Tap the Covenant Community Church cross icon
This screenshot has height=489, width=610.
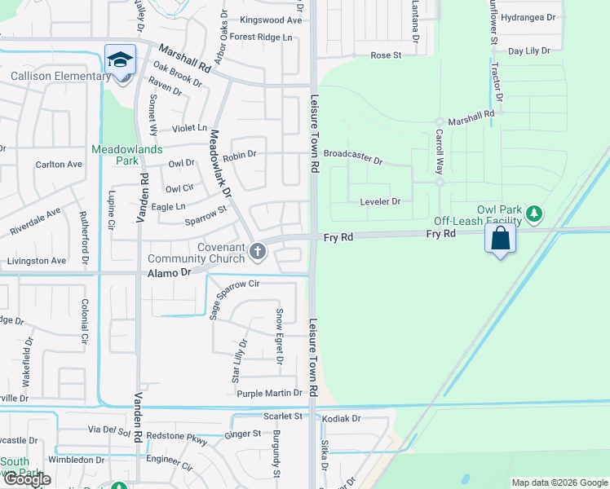(x=258, y=252)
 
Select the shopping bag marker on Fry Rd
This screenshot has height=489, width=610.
(x=500, y=239)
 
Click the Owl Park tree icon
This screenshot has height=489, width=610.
(x=535, y=214)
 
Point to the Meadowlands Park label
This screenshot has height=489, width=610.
(x=126, y=155)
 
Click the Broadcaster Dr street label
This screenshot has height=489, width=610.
(x=353, y=156)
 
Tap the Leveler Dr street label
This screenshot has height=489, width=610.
(x=380, y=201)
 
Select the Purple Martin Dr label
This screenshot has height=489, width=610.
(x=270, y=394)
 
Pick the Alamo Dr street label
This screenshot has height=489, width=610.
(x=168, y=273)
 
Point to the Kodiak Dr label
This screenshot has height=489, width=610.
(x=341, y=418)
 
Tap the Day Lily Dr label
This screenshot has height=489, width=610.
(x=529, y=51)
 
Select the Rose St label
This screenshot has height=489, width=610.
(x=387, y=55)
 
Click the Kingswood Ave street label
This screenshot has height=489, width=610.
(x=272, y=20)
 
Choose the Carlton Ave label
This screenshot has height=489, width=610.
(x=59, y=164)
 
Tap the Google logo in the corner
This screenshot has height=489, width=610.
(x=27, y=479)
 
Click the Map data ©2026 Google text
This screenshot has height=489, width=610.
(x=559, y=482)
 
